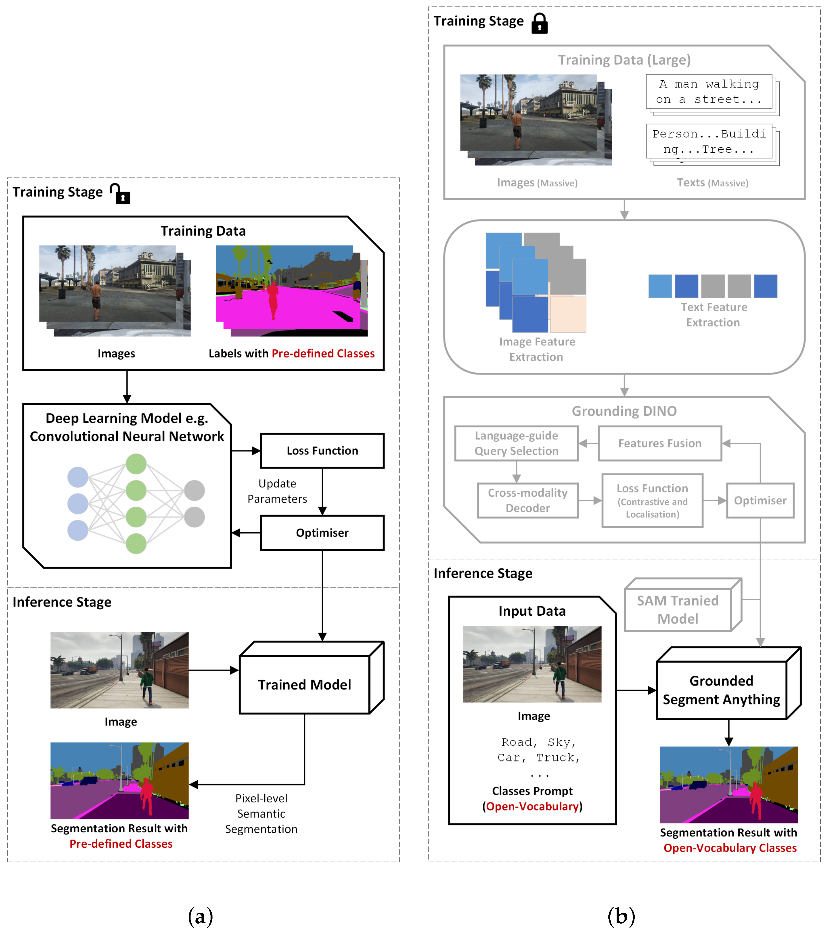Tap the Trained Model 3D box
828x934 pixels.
pyautogui.click(x=305, y=684)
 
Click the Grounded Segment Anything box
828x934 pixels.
pyautogui.click(x=721, y=690)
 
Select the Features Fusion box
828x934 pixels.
pyautogui.click(x=659, y=443)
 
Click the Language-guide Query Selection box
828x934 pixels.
pyautogui.click(x=516, y=443)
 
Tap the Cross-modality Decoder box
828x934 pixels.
pyautogui.click(x=527, y=500)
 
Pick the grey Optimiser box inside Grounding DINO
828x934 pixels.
pyautogui.click(x=760, y=500)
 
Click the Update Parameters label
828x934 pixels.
pyautogui.click(x=277, y=491)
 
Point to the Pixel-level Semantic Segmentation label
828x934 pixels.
pyautogui.click(x=261, y=813)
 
